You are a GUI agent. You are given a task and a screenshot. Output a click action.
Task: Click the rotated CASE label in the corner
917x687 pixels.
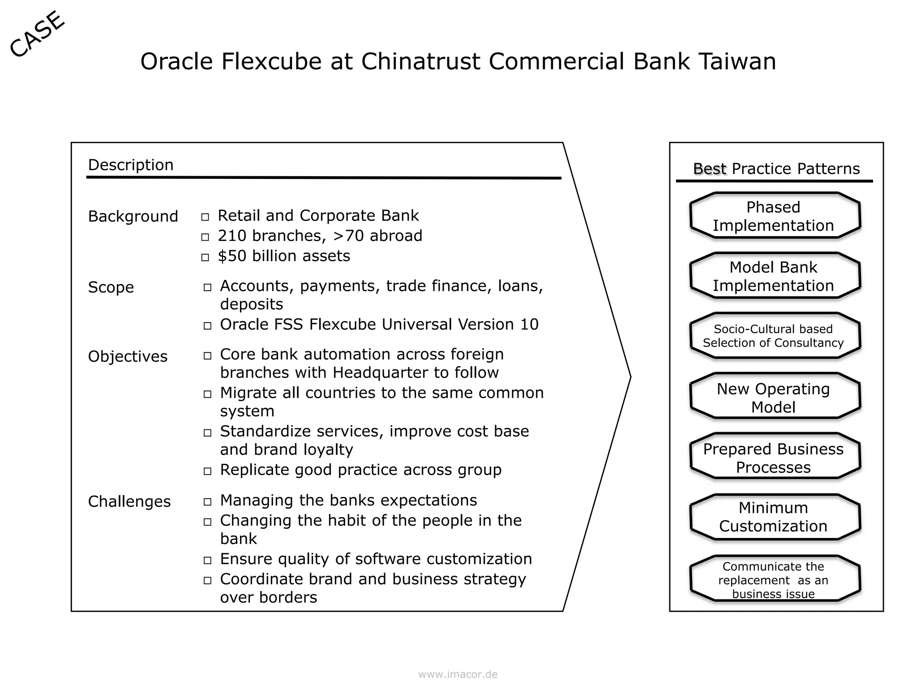click(x=37, y=34)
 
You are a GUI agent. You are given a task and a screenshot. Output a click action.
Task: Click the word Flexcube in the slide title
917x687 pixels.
click(x=271, y=61)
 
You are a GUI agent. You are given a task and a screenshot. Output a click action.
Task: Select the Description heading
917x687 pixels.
click(x=130, y=165)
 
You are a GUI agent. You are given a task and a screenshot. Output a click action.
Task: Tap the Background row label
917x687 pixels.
click(x=133, y=216)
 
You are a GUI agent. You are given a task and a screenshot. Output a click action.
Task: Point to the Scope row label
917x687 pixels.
click(x=111, y=287)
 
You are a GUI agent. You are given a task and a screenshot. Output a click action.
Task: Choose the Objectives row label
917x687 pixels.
click(x=128, y=356)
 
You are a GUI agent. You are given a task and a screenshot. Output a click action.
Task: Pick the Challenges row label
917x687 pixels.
click(x=129, y=502)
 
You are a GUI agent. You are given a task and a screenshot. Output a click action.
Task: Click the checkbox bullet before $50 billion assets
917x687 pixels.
click(x=205, y=258)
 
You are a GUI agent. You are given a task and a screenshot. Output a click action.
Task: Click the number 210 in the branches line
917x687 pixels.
click(x=232, y=236)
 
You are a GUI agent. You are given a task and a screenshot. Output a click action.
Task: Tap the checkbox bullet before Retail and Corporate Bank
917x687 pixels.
click(x=205, y=217)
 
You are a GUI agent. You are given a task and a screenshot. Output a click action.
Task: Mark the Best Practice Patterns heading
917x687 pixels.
click(x=776, y=169)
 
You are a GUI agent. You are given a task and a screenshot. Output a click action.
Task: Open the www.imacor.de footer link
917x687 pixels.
click(x=458, y=674)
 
